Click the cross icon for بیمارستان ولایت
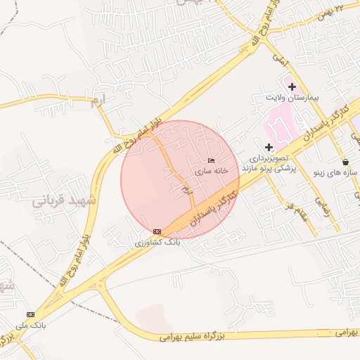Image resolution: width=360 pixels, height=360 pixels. coord(292,86)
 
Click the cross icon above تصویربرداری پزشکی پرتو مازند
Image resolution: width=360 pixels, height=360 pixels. coord(269,147)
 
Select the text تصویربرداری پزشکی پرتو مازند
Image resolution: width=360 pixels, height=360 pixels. coord(269,165)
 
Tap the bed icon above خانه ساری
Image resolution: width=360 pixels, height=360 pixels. coord(212,161)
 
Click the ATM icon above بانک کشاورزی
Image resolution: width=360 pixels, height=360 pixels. coord(157,231)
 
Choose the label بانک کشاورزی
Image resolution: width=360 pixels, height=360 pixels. coord(158,242)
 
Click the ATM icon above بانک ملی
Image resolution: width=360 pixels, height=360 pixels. coord(30,314)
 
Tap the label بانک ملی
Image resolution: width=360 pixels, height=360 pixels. coord(30,325)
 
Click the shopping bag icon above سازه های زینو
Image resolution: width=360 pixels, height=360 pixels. coord(345,162)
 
